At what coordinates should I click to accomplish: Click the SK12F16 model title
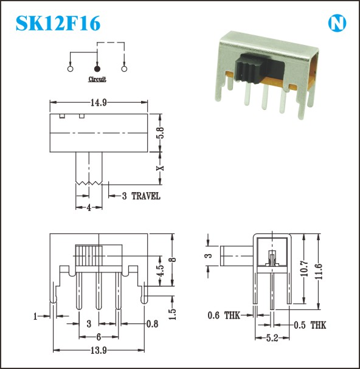click(x=58, y=23)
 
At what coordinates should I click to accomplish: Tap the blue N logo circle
click(x=337, y=23)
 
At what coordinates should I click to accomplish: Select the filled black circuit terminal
click(x=97, y=69)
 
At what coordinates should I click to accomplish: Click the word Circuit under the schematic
click(x=97, y=79)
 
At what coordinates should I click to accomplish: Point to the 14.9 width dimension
click(x=99, y=103)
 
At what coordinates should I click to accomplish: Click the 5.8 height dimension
click(x=161, y=133)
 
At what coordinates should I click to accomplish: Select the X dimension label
click(x=161, y=168)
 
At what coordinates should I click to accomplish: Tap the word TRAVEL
click(x=146, y=196)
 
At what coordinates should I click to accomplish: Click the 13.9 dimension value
click(x=99, y=351)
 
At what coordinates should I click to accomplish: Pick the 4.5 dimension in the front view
click(x=161, y=271)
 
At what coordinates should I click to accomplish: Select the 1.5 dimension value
click(x=173, y=314)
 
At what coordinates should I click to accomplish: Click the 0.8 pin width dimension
click(x=153, y=324)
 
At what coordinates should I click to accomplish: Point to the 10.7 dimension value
click(x=304, y=268)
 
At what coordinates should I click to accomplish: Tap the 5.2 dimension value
click(x=272, y=338)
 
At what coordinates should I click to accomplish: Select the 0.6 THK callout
click(x=224, y=315)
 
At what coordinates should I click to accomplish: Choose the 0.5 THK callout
click(x=310, y=325)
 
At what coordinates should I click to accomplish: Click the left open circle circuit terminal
click(x=70, y=69)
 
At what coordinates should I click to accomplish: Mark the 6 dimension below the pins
click(x=99, y=337)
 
